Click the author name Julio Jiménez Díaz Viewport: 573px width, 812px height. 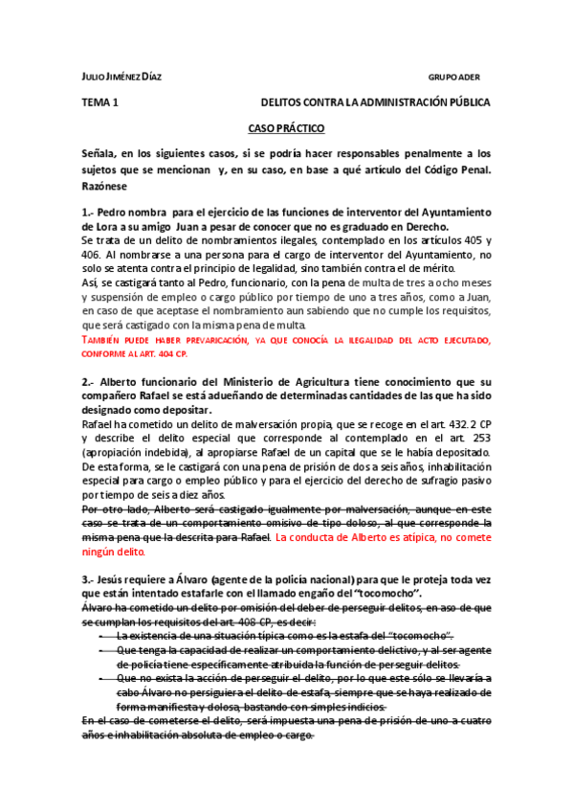click(121, 77)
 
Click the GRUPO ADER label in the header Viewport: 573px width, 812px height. click(453, 77)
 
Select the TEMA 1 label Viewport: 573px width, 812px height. click(100, 101)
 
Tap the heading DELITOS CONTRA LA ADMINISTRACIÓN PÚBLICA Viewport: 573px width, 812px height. click(376, 101)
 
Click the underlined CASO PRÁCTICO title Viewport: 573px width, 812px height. click(286, 127)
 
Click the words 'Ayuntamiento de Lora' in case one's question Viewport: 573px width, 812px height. click(445, 211)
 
